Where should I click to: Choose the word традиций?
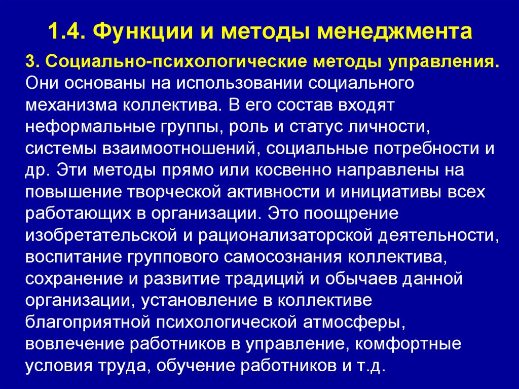tap(268, 278)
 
